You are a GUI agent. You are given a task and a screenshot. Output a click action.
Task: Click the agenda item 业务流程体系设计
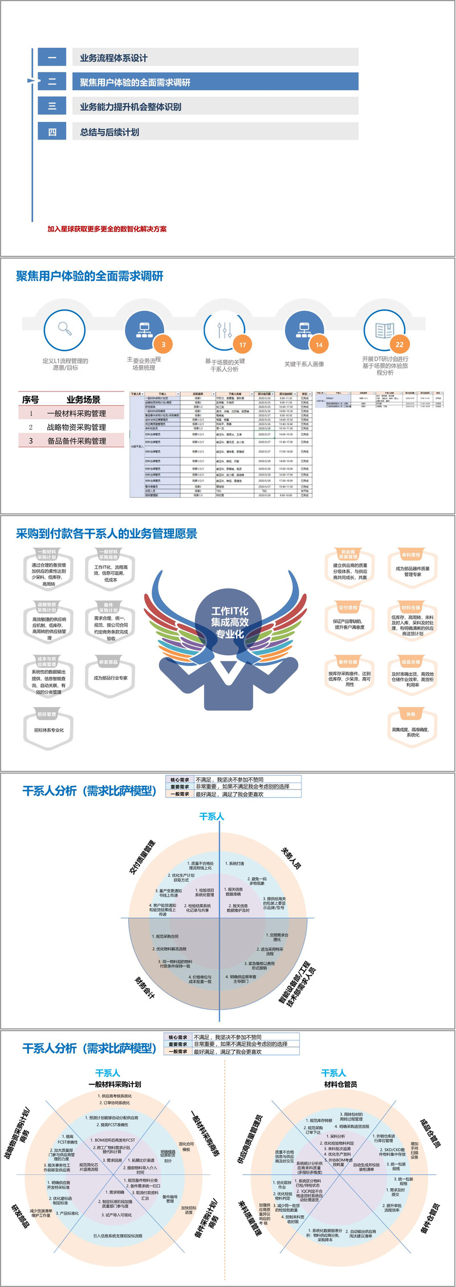pos(114,58)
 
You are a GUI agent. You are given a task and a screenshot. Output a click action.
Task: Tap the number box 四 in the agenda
pos(52,132)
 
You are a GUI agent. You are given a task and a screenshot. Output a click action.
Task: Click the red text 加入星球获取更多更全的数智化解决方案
pos(107,229)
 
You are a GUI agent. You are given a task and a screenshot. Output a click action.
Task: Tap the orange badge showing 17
pos(242,344)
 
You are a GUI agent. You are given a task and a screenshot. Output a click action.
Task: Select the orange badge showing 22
pos(399,344)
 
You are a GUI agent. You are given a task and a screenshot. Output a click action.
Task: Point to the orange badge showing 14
pos(319,344)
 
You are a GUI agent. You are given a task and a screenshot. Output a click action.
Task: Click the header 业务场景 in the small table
pos(83,399)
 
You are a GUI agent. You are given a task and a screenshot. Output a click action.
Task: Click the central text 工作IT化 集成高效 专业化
pos(230,622)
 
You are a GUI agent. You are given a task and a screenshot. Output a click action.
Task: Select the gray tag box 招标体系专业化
pos(49,730)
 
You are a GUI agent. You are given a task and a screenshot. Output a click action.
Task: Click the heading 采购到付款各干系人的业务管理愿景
pos(107,534)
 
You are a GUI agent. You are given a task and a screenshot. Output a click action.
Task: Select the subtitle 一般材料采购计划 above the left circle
pos(115,1084)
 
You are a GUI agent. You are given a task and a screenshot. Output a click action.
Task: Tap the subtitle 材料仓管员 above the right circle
pos(341,1084)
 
